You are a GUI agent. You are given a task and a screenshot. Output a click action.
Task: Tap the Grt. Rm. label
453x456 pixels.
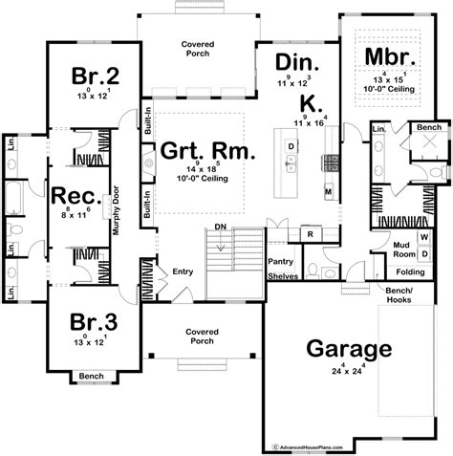coord(198,150)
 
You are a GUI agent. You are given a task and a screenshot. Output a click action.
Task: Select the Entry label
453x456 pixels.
coord(183,272)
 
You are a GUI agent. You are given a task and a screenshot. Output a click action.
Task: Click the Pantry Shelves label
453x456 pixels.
coord(284,267)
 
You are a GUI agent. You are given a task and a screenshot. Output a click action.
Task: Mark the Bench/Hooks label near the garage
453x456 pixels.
coord(398,292)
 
